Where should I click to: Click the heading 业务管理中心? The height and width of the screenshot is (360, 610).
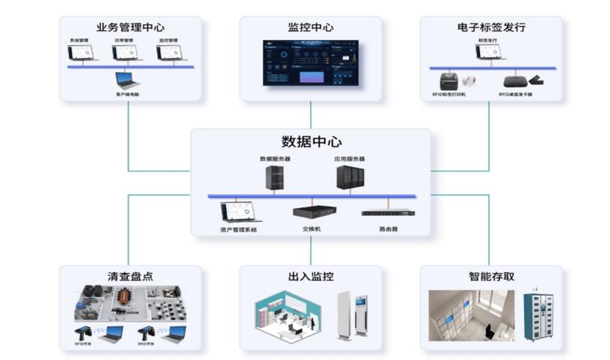point(129,27)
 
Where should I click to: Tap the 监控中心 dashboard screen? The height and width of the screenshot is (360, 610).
point(311,64)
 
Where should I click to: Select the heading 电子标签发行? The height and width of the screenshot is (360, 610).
point(491,27)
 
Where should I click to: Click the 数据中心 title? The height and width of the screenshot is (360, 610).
point(311,141)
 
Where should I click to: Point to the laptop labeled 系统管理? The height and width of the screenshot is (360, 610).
point(81,53)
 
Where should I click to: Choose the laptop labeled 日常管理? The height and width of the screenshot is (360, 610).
point(124,53)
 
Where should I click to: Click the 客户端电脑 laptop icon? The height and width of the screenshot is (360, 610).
point(127,80)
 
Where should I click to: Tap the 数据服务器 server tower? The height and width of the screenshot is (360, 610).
point(274,177)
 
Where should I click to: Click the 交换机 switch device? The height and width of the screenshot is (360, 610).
point(311,212)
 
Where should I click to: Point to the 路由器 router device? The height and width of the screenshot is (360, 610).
point(388,212)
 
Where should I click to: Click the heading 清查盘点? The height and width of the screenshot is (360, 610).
point(130,276)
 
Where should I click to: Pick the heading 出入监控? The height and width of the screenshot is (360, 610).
point(311,276)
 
